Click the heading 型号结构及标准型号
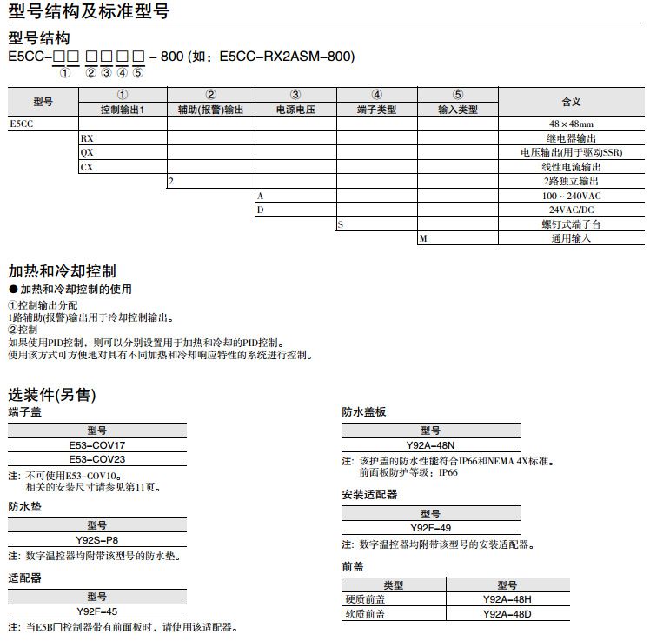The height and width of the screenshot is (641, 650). coord(89,11)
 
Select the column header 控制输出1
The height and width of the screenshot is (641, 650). coord(123,110)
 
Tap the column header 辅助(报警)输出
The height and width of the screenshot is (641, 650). coord(210,110)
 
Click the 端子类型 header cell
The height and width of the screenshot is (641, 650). coord(376,110)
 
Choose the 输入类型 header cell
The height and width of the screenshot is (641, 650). coord(458,110)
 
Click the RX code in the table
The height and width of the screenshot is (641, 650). coord(87,138)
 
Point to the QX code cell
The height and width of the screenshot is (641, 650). coord(87,152)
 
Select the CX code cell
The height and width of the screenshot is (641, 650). coord(87,166)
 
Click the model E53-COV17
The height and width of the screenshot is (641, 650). coord(97,444)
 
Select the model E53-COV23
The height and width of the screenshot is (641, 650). coord(97,458)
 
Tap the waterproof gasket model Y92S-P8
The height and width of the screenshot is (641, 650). coord(97,539)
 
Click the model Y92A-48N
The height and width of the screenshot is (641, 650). coord(431,444)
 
